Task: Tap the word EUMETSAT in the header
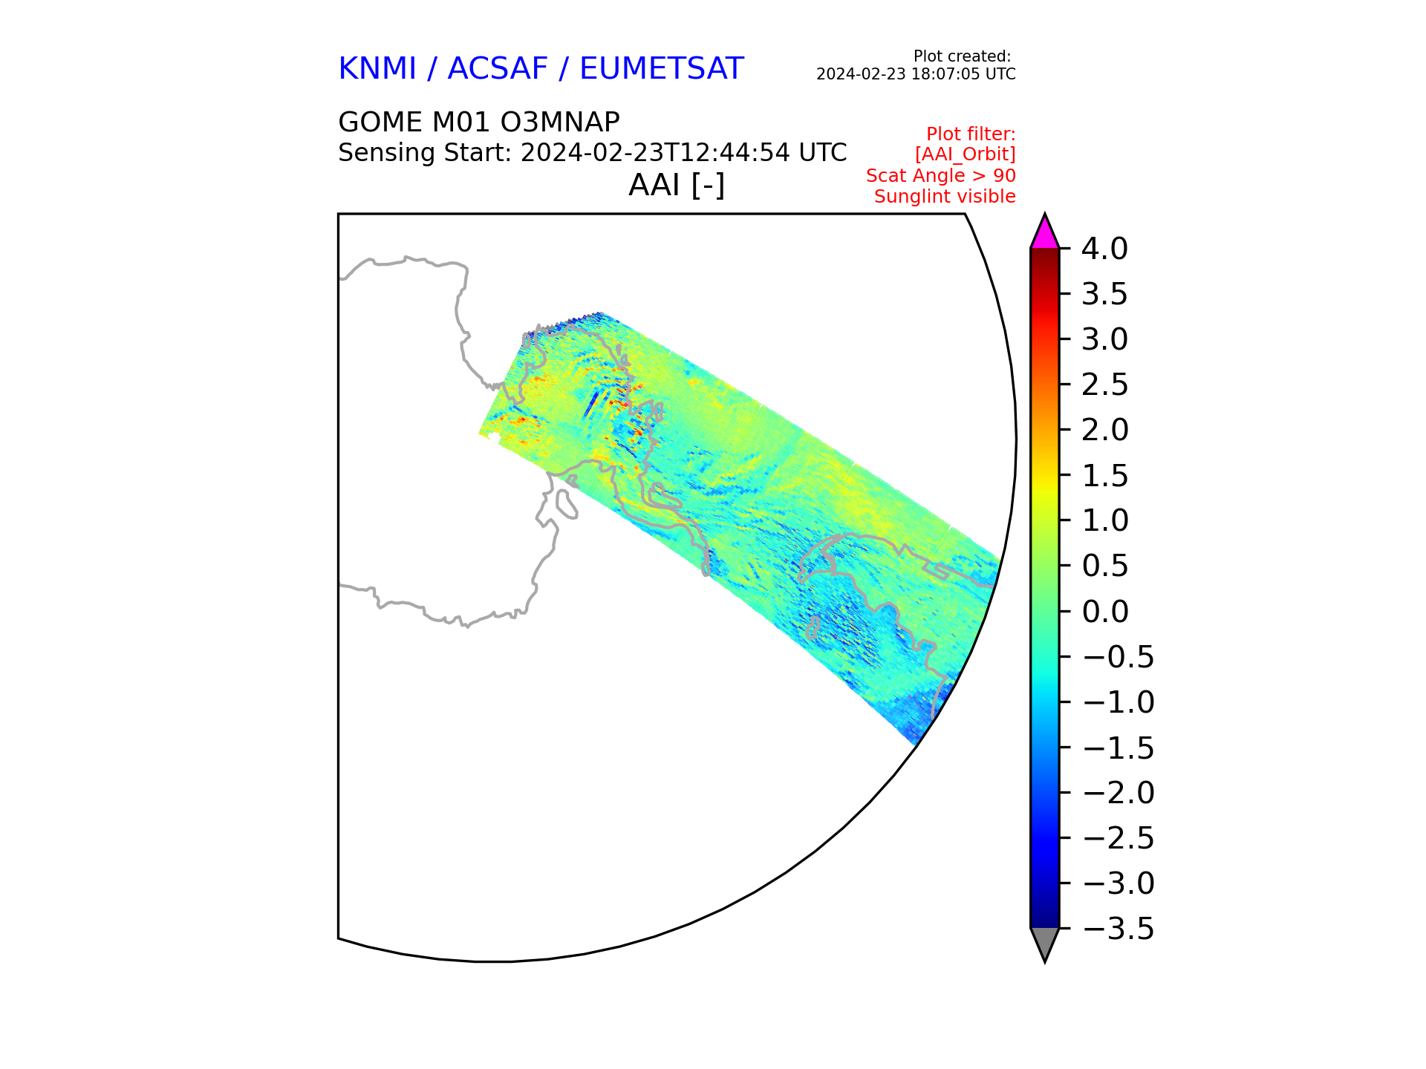[x=661, y=68]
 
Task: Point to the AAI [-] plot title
[x=677, y=185]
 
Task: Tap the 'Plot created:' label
[x=962, y=56]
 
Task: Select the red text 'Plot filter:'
[x=971, y=134]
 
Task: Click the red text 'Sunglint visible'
[x=945, y=197]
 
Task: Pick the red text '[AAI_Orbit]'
[x=965, y=154]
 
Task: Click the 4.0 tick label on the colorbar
[x=1104, y=249]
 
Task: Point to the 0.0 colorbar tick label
[x=1104, y=611]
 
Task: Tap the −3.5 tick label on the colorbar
[x=1119, y=929]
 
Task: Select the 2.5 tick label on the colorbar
[x=1104, y=385]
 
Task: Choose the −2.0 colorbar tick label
[x=1119, y=793]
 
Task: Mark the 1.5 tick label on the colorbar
[x=1104, y=475]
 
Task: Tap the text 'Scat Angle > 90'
[x=941, y=176]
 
